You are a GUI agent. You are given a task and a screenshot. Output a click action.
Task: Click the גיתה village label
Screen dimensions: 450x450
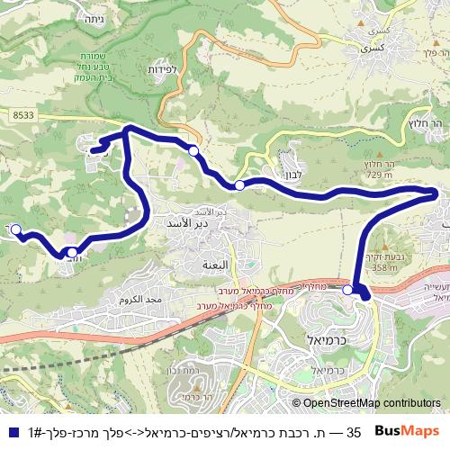(94, 18)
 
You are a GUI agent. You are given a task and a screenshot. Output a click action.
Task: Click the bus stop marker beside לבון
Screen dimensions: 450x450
(239, 185)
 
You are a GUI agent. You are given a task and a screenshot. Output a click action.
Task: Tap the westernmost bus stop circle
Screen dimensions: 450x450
(15, 229)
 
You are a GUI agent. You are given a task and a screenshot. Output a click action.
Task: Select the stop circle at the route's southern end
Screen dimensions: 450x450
(347, 290)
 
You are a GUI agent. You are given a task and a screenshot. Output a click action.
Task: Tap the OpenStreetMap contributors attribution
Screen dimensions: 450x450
(366, 403)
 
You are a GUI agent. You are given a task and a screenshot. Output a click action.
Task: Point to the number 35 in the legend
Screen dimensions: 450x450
(354, 432)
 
